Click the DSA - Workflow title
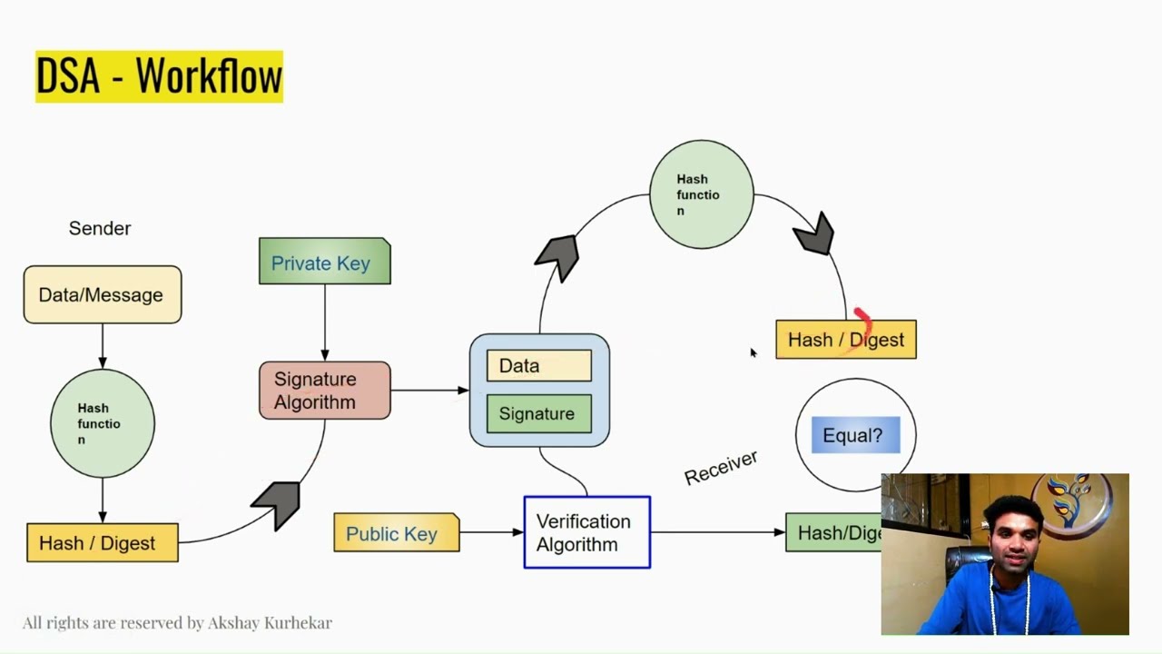[x=159, y=76]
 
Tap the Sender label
[x=100, y=228]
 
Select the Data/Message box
[x=102, y=294]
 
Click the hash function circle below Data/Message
[x=102, y=423]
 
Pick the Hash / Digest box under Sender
[x=102, y=543]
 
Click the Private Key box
[x=324, y=263]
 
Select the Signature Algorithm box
[x=324, y=391]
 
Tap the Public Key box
[x=396, y=533]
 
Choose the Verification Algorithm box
[x=586, y=532]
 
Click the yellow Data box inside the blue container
[x=538, y=366]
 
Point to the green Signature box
[x=538, y=413]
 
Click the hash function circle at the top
[x=701, y=194]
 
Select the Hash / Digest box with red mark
[x=845, y=340]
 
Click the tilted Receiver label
[x=721, y=468]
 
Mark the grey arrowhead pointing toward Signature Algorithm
[x=277, y=503]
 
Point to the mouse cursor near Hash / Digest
[x=753, y=352]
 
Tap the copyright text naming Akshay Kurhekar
[x=177, y=623]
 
